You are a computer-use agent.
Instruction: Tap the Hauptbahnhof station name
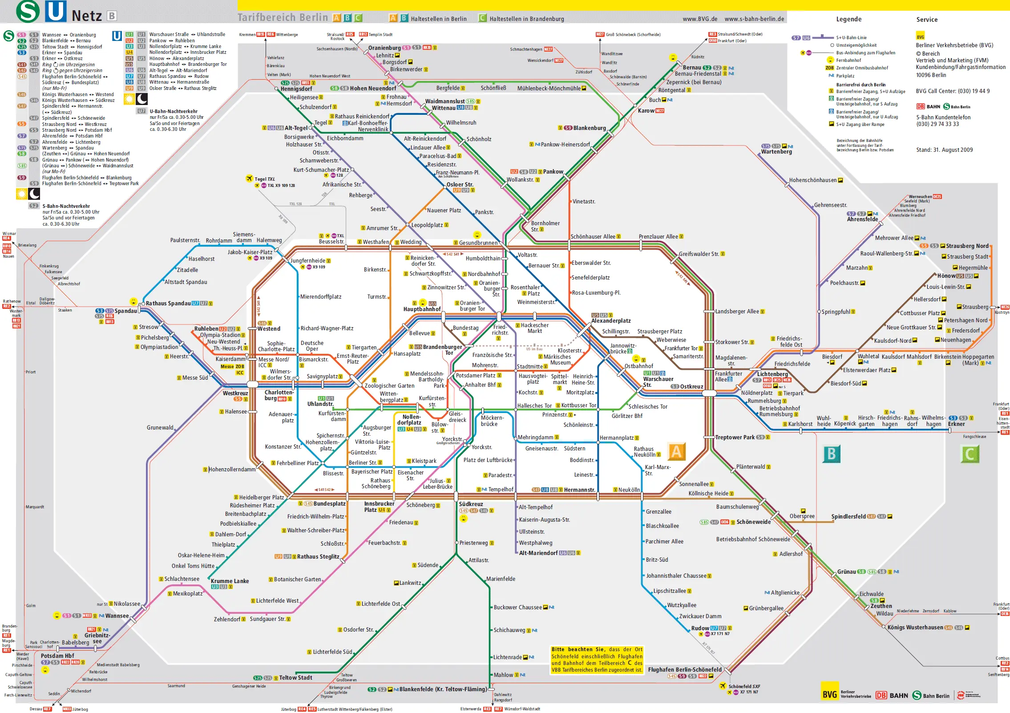[x=422, y=309]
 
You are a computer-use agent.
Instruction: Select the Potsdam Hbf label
[x=57, y=656]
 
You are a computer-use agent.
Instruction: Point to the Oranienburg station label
[x=384, y=48]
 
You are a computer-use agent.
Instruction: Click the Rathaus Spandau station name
[x=168, y=303]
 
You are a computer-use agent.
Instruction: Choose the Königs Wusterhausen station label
[x=915, y=627]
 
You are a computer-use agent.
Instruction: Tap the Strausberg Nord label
[x=967, y=246]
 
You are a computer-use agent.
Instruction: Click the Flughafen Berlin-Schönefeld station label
[x=685, y=669]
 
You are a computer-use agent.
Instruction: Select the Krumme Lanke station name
[x=230, y=581]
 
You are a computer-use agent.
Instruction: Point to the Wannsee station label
[x=117, y=616]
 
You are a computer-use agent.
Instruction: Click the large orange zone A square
[x=676, y=451]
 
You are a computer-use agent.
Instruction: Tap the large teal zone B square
[x=831, y=454]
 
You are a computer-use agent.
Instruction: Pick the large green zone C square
[x=970, y=454]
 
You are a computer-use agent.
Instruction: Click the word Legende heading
[x=848, y=19]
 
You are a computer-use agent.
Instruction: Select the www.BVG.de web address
[x=700, y=19]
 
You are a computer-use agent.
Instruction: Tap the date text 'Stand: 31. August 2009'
[x=944, y=150]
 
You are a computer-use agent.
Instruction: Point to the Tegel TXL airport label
[x=264, y=179]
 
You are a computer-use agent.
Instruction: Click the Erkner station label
[x=956, y=424]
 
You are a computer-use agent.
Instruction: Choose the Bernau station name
[x=692, y=67]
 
